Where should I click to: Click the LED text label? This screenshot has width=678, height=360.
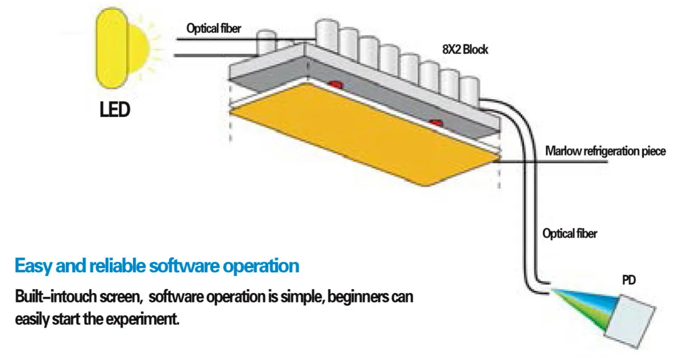pyautogui.click(x=115, y=111)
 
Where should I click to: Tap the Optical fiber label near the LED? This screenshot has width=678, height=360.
pyautogui.click(x=213, y=29)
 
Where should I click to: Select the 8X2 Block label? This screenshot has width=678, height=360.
pyautogui.click(x=465, y=50)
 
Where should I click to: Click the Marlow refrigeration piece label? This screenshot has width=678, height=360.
pyautogui.click(x=605, y=151)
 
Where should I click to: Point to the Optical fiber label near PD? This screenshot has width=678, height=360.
pyautogui.click(x=570, y=233)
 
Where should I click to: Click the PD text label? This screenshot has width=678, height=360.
pyautogui.click(x=628, y=280)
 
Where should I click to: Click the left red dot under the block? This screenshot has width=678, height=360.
pyautogui.click(x=335, y=84)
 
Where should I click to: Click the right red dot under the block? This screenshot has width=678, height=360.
pyautogui.click(x=435, y=123)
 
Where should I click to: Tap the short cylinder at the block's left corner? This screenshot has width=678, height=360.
pyautogui.click(x=267, y=42)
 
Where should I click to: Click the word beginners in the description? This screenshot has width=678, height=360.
pyautogui.click(x=358, y=297)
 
